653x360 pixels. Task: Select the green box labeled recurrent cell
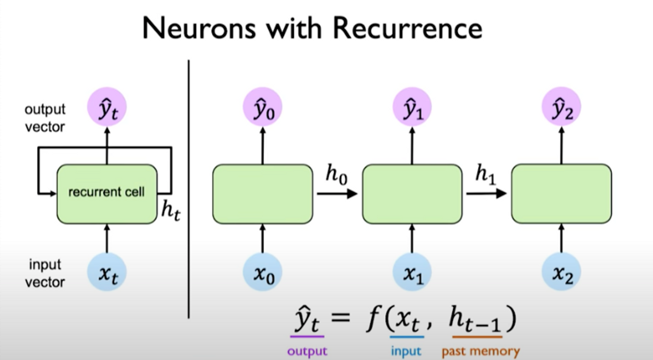point(107,193)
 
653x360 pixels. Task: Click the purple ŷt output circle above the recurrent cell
point(107,107)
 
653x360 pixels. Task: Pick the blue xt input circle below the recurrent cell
point(107,273)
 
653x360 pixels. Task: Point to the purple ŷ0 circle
point(262,107)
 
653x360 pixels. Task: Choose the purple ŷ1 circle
point(412,107)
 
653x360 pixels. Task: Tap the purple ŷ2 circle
point(561,107)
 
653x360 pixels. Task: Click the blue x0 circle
point(262,273)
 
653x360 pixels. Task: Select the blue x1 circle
point(412,273)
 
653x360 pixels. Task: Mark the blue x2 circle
point(561,273)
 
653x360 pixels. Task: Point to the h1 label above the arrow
point(485,174)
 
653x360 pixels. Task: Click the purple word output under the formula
point(307,351)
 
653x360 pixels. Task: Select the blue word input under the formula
point(406,351)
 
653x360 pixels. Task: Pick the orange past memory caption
point(481,351)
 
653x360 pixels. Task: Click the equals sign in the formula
point(340,317)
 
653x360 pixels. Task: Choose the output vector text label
point(45,118)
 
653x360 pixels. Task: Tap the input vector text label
point(45,273)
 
